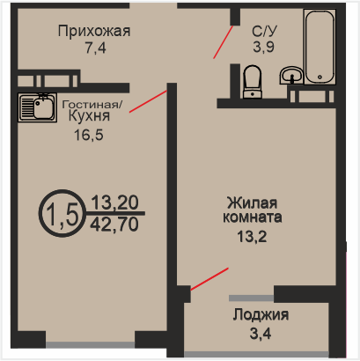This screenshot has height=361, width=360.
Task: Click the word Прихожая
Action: click(x=94, y=31)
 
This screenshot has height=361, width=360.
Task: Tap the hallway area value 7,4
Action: click(x=96, y=48)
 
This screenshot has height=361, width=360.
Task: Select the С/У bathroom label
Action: click(x=264, y=31)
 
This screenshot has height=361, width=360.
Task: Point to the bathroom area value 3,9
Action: click(x=263, y=47)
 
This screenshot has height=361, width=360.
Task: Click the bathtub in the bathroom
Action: click(x=320, y=47)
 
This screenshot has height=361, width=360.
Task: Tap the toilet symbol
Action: click(x=253, y=82)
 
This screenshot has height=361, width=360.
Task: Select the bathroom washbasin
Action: click(x=291, y=75)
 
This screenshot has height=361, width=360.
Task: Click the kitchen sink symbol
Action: click(x=37, y=107)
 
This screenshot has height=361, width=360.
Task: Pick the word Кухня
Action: click(x=89, y=116)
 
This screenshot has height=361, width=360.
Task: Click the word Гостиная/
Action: click(x=92, y=104)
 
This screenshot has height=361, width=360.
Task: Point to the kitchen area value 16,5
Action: click(x=89, y=135)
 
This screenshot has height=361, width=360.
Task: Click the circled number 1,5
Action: click(x=62, y=213)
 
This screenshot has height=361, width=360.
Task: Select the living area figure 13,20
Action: click(x=114, y=203)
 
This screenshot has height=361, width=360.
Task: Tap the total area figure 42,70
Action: click(x=114, y=225)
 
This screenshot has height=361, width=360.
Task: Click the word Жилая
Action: click(x=253, y=203)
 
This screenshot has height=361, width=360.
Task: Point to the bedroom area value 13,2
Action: click(x=252, y=237)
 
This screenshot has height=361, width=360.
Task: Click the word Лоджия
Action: click(x=261, y=315)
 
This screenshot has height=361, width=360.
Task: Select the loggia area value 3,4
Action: click(x=261, y=334)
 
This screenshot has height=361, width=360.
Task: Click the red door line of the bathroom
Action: click(x=223, y=42)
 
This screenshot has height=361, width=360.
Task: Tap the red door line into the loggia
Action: click(x=209, y=279)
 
